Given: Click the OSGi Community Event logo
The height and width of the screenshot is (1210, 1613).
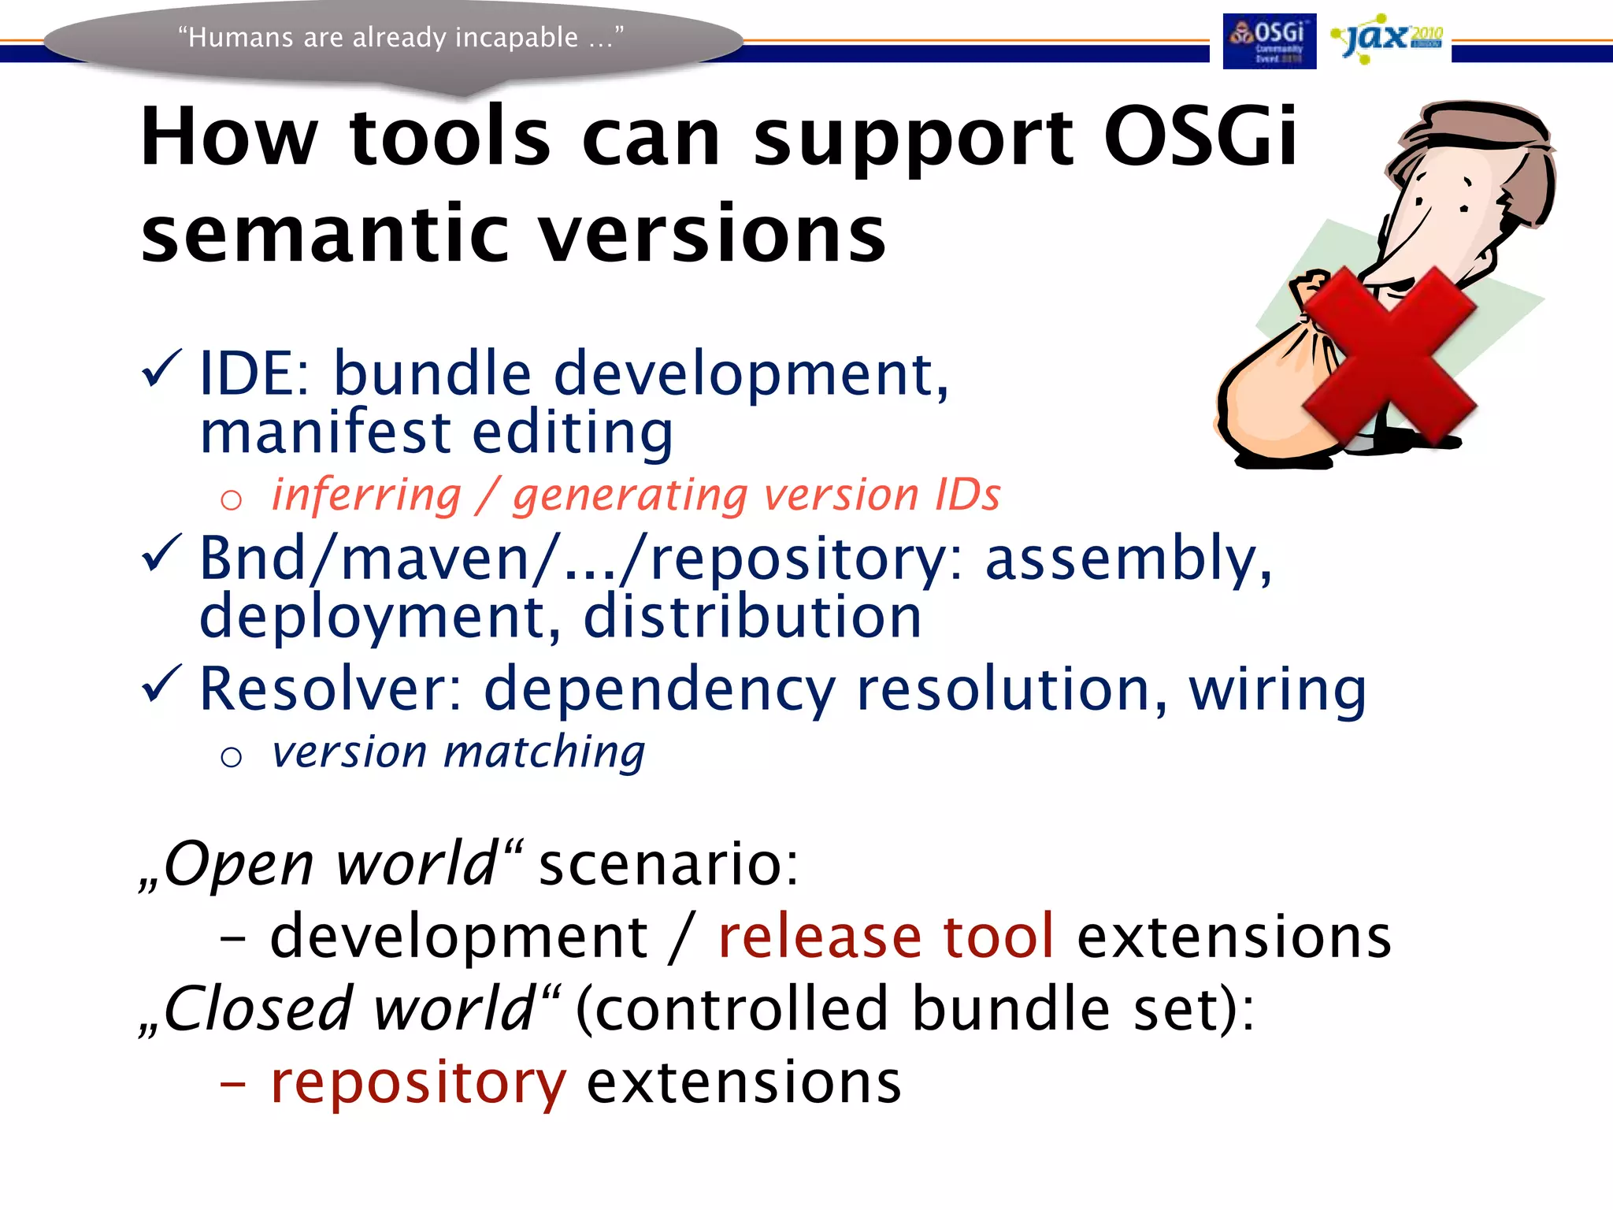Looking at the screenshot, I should point(1269,41).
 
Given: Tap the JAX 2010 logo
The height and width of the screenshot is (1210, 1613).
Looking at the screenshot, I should point(1387,38).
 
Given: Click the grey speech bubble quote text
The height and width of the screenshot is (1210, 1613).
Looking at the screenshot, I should point(400,37).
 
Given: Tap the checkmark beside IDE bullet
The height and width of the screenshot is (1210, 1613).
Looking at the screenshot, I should point(161,369).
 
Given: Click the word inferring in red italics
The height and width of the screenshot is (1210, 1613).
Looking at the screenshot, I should point(366,496).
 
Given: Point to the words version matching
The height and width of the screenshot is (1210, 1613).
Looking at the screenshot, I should point(458,752).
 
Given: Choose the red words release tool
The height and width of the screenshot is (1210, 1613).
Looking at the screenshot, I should point(885,937).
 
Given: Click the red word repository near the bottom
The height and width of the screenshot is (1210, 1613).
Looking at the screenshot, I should point(417,1083).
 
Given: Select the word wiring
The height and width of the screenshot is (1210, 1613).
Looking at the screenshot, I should point(1277,689).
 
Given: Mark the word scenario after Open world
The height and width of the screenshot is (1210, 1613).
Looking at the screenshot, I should point(668,864).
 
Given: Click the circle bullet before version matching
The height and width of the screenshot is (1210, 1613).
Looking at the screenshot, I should point(231,757).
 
